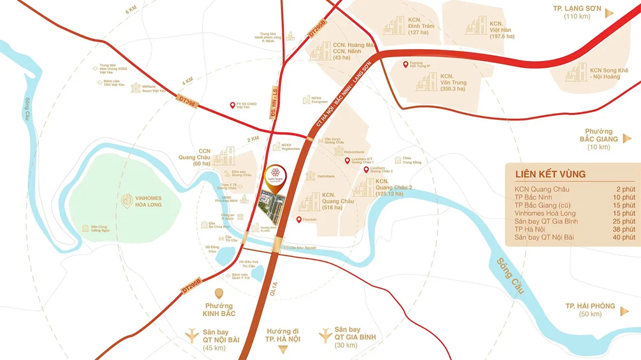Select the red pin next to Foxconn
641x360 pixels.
click(x=299, y=220)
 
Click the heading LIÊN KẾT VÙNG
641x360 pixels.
click(x=550, y=174)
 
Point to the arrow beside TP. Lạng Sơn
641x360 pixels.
click(x=609, y=13)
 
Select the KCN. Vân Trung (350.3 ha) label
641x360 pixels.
click(x=454, y=83)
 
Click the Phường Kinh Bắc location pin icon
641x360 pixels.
click(x=218, y=293)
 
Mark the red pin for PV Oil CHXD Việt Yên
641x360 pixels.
click(x=232, y=105)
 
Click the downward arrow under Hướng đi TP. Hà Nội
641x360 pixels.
click(x=284, y=349)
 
